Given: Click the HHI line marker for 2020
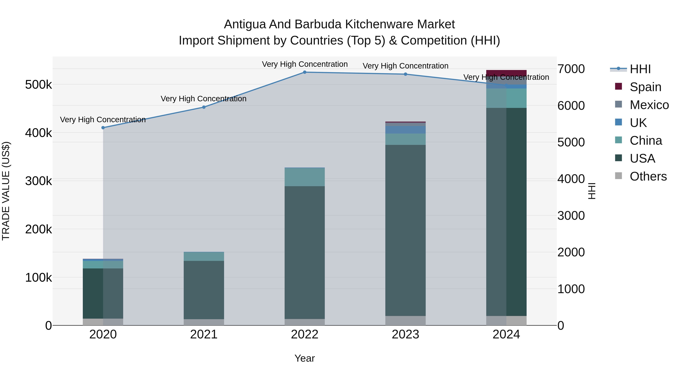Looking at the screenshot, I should point(103,128).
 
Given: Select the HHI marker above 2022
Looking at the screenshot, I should point(305,72).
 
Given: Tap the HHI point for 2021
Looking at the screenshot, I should point(204,107).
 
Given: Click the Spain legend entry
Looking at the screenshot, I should point(645,87).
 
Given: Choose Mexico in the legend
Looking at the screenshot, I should point(649,105).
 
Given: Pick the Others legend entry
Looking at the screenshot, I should point(648,176).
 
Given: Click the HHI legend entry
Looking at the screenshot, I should point(640,69).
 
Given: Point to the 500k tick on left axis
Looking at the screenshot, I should point(38,85).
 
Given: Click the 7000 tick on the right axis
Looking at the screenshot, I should point(571,69).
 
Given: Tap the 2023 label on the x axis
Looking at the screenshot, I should point(405,334).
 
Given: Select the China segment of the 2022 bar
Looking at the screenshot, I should point(305,177).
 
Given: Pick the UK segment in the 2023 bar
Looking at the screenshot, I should point(405,130).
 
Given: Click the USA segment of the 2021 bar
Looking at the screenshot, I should point(204,290).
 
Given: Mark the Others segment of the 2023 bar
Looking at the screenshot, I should point(405,321).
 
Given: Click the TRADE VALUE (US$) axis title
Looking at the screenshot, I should point(6,191).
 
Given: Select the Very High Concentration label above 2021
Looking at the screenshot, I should point(204,99).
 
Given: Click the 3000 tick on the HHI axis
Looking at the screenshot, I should point(571,216).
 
